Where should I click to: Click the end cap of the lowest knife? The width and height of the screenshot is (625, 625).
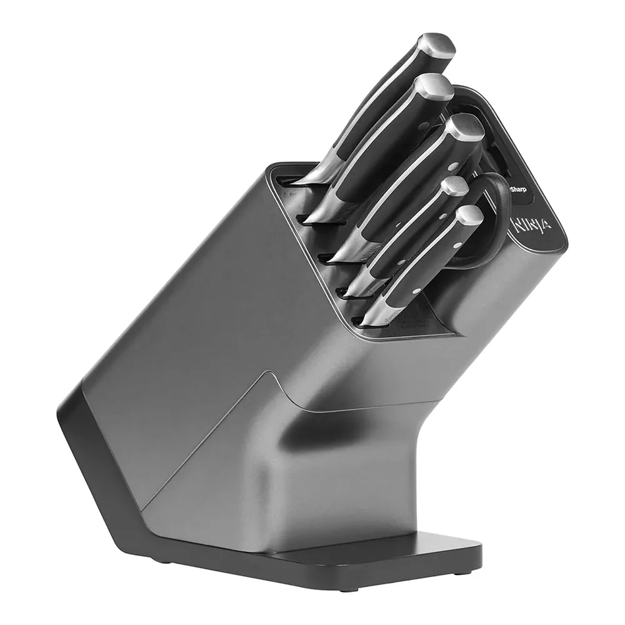pyautogui.click(x=469, y=215)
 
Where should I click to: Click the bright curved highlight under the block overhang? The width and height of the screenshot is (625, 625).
pyautogui.click(x=331, y=431)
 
